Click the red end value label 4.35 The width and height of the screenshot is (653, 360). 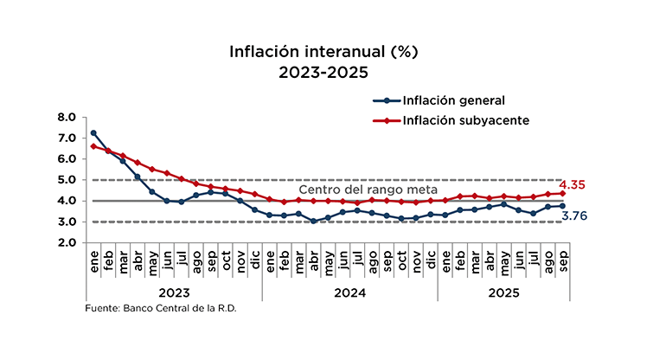[573, 185]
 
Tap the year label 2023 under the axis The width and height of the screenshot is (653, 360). [174, 292]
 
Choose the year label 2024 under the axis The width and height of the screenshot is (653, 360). [349, 292]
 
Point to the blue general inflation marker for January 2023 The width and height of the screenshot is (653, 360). [93, 133]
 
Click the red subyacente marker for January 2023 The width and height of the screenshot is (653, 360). [93, 146]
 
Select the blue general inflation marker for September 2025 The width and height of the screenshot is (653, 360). [563, 206]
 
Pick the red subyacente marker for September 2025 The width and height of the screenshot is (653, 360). [563, 193]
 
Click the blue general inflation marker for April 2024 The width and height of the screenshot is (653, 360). [313, 221]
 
